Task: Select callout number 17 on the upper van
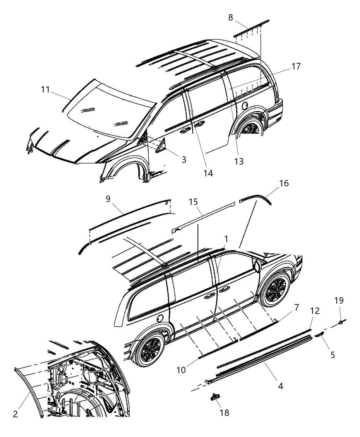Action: [296, 66]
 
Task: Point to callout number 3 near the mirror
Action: [184, 159]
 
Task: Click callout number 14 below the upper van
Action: [207, 173]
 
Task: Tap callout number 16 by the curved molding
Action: [284, 183]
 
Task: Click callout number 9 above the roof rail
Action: [108, 199]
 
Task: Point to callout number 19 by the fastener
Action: [339, 301]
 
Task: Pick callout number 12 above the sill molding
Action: [315, 311]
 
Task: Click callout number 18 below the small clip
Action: [225, 413]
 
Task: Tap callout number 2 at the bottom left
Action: [15, 414]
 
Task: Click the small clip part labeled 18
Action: [215, 397]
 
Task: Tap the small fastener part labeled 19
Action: [341, 321]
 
